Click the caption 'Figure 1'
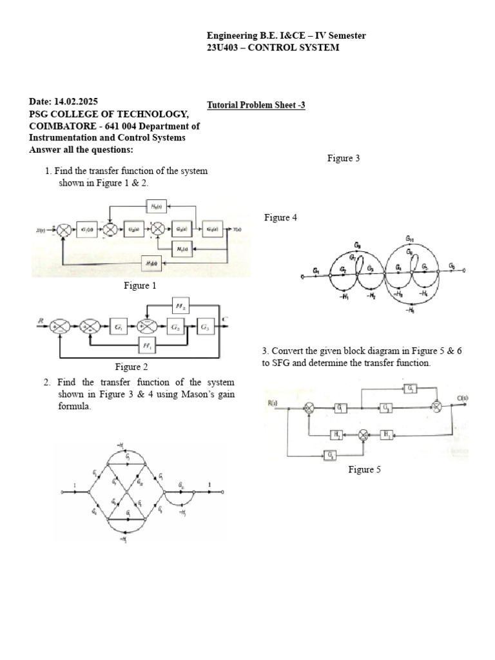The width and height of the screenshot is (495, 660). tap(140, 286)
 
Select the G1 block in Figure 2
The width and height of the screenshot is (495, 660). tap(119, 327)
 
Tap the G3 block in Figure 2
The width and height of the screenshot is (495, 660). tap(205, 327)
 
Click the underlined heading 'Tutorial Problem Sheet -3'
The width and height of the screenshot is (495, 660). tap(256, 105)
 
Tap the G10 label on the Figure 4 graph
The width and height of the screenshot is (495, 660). tap(409, 238)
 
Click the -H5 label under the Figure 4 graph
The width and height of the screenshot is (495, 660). tap(411, 310)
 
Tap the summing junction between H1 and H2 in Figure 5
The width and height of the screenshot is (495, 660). tap(363, 435)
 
